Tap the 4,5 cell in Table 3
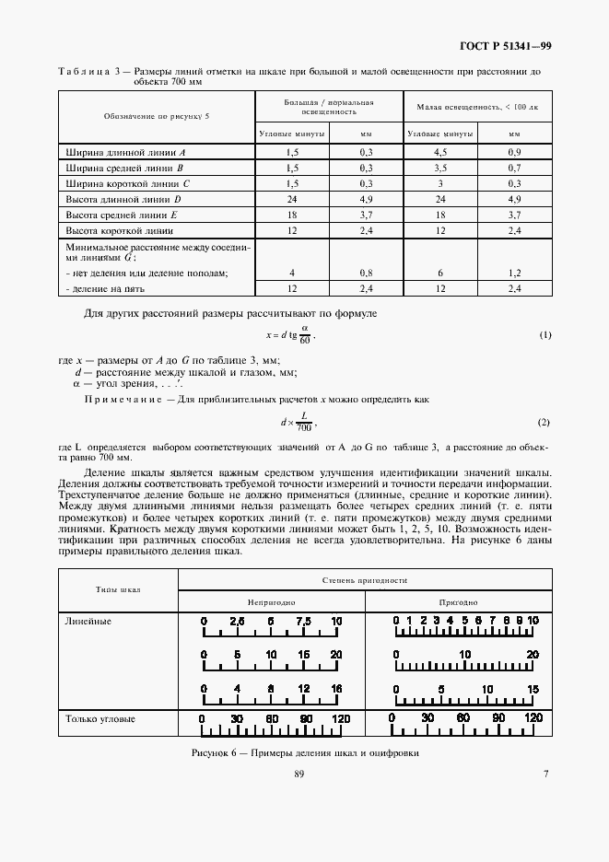pos(439,150)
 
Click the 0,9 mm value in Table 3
pos(514,150)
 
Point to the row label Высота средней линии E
pos(124,214)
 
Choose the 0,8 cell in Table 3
pos(366,273)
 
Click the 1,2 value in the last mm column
pos(514,273)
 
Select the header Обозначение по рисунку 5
pos(156,117)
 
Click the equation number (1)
pos(545,334)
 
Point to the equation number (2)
pos(544,422)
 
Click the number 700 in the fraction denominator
pos(303,428)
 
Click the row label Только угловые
pos(100,717)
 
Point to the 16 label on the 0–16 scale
pos(336,688)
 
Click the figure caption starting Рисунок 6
pos(304,751)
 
